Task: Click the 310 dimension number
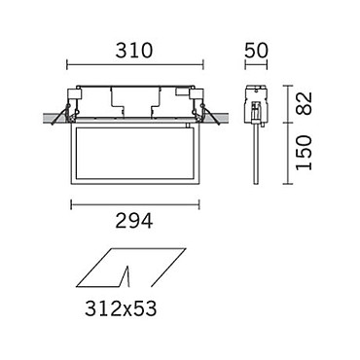[133, 51]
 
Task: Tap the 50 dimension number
[256, 51]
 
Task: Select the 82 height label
[304, 103]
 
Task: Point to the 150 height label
[304, 153]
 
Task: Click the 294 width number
[134, 221]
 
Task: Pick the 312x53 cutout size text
[121, 308]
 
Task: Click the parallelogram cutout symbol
[131, 268]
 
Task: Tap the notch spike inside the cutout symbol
[126, 276]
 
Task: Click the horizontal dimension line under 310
[135, 64]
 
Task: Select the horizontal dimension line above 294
[135, 204]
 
